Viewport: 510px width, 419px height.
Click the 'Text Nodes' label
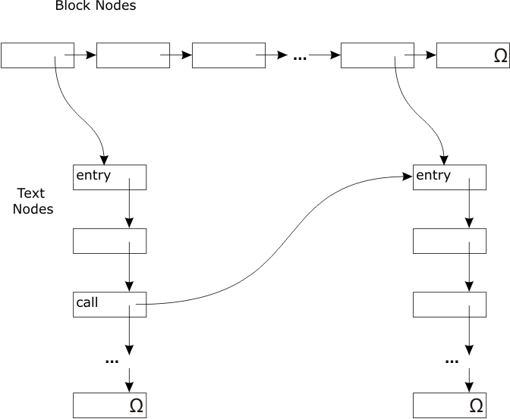(x=33, y=201)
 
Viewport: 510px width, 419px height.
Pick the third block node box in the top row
(x=228, y=55)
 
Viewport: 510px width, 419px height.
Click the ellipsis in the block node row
(x=299, y=58)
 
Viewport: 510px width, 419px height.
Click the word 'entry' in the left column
(x=93, y=176)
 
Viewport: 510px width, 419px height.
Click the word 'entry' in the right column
(x=433, y=176)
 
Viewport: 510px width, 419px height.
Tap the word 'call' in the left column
(x=87, y=302)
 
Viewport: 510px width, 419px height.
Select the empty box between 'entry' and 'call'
(x=109, y=240)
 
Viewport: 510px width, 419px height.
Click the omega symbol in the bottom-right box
(x=476, y=405)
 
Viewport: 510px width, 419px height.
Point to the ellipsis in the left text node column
(x=112, y=361)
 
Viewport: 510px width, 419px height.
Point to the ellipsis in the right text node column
(x=452, y=361)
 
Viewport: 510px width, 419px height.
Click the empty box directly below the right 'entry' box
(x=449, y=240)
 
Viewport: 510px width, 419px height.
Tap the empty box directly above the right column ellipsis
(x=449, y=304)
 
